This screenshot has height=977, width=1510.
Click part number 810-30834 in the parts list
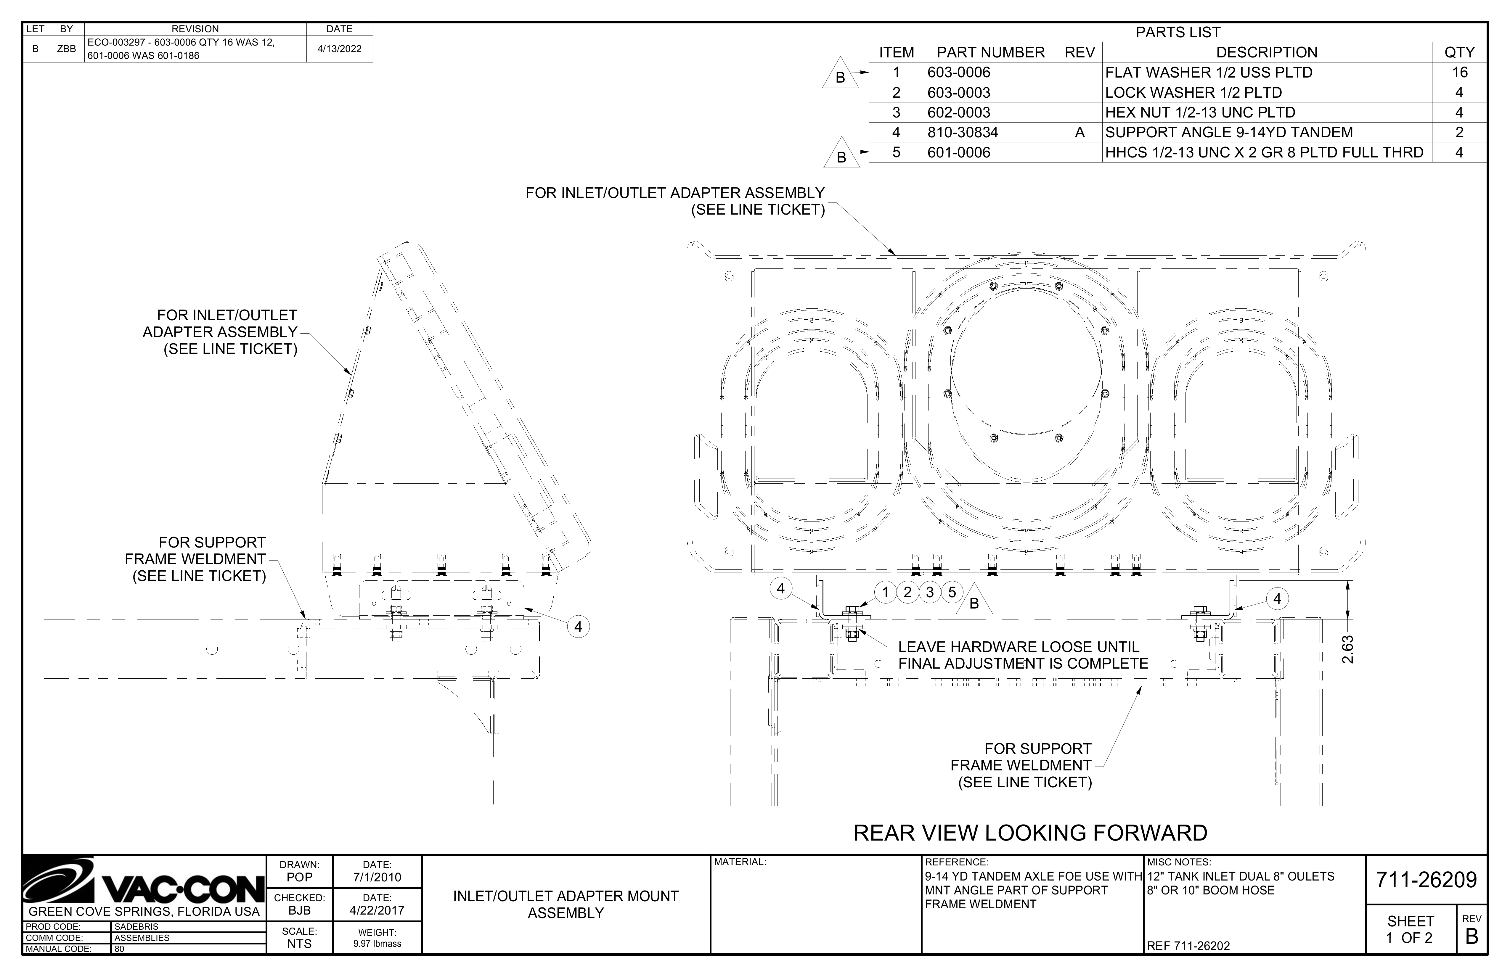coord(963,133)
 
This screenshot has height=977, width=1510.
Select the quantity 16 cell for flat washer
coord(1459,72)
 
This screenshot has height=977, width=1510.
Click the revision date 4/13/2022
coord(339,49)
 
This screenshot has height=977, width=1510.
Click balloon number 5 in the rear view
coord(952,592)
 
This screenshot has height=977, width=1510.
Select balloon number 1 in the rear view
coord(885,592)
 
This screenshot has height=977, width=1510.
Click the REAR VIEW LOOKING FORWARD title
coord(1030,832)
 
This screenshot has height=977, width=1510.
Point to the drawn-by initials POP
coord(299,877)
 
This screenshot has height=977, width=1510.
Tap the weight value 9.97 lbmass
coord(377,943)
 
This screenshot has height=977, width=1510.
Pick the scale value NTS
coord(299,944)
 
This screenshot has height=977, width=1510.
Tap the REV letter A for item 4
coord(1080,133)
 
